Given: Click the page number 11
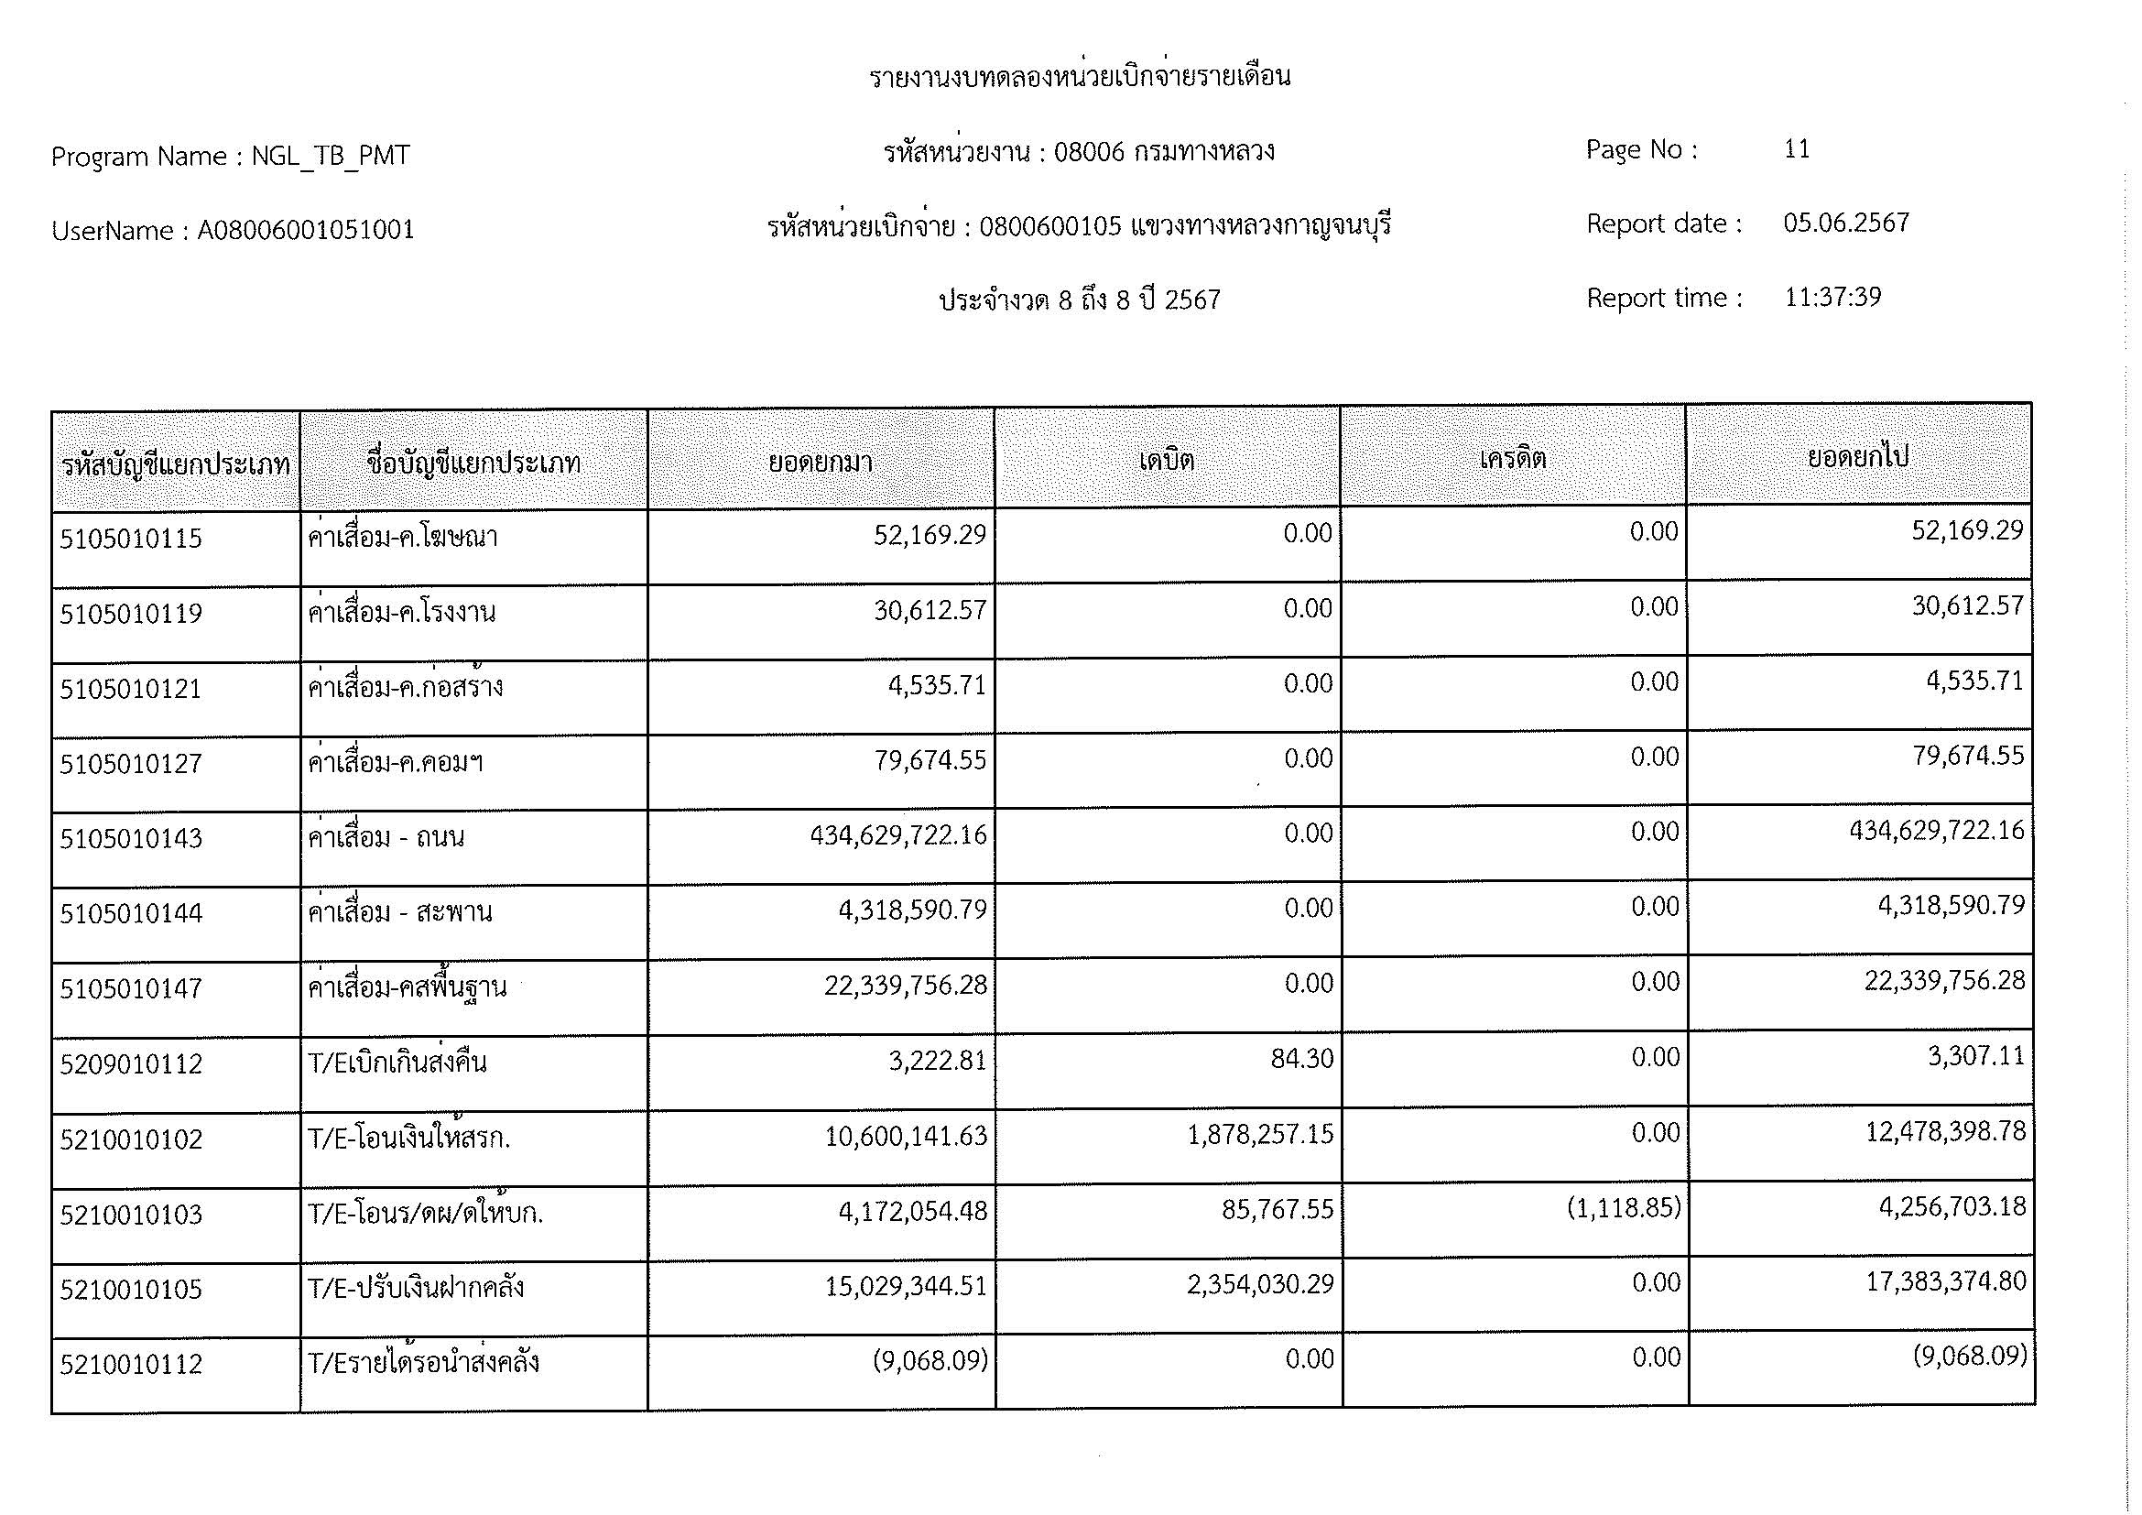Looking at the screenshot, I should tap(1797, 149).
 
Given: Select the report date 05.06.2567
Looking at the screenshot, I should tap(1846, 223).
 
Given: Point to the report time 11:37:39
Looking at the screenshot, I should tap(1832, 297).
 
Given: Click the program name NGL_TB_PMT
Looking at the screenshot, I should tap(331, 156).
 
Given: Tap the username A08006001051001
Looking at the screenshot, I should tap(306, 231).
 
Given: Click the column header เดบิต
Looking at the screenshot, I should tap(1166, 460).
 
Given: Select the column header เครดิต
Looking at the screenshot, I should tap(1512, 458).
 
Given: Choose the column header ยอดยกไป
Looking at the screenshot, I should tap(1858, 457).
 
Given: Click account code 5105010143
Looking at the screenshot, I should tap(131, 839).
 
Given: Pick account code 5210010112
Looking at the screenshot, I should tap(131, 1365).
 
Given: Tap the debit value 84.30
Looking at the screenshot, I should tap(1301, 1059).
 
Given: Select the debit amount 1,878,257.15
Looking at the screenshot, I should tap(1260, 1134).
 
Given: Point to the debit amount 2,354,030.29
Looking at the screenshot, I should tap(1260, 1284).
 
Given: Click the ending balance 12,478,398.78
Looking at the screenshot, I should tap(1945, 1131).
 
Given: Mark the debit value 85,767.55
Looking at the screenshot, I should tap(1278, 1210).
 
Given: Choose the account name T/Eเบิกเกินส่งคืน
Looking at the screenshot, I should tap(397, 1063).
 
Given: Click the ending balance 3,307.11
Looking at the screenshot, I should tap(1976, 1056).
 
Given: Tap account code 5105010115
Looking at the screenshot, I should tap(131, 539).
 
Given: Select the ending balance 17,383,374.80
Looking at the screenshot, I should tap(1945, 1281).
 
